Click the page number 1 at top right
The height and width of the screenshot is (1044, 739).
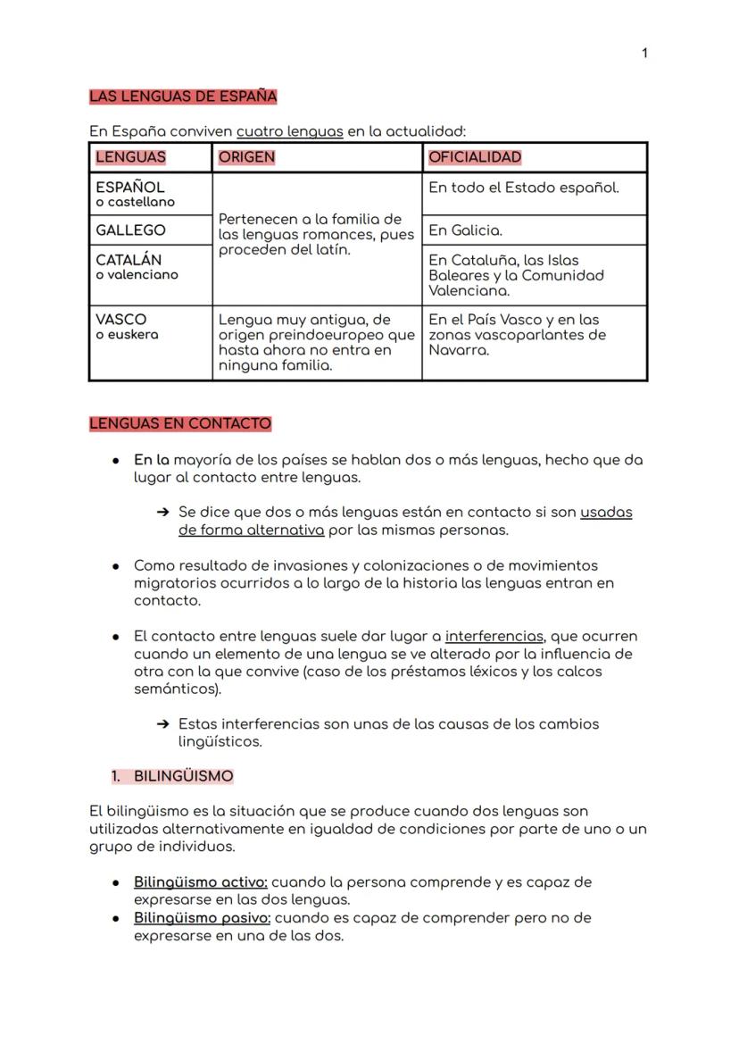[644, 54]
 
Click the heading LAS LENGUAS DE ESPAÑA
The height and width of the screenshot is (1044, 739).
[183, 96]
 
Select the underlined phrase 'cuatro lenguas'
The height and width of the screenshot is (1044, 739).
[289, 131]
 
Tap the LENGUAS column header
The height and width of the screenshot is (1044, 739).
[130, 157]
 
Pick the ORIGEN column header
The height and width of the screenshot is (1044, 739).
[246, 157]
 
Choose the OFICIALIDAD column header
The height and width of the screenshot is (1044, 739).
[475, 157]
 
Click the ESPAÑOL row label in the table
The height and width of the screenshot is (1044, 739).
[130, 188]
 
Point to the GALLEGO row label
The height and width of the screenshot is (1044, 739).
[130, 230]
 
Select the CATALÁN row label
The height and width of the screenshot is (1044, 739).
[129, 260]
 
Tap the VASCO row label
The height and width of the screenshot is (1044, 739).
[121, 320]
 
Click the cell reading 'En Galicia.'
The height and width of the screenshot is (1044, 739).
[465, 230]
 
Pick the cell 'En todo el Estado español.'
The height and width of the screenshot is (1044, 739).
[523, 188]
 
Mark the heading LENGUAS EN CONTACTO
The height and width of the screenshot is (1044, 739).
[180, 423]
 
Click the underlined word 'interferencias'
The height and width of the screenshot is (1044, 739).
[494, 637]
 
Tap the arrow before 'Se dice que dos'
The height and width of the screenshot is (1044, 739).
[162, 513]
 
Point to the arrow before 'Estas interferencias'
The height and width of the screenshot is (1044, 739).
[162, 724]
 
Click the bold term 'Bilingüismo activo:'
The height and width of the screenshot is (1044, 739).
[201, 882]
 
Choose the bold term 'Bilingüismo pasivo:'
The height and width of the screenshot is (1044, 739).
[202, 918]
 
